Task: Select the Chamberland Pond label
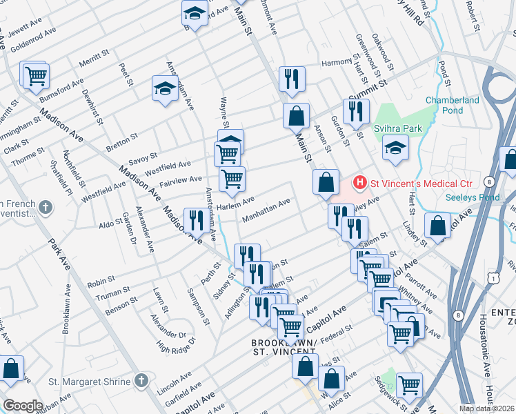[452, 105]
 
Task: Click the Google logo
[22, 406]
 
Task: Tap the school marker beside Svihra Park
[395, 148]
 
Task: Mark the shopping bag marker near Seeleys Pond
[438, 225]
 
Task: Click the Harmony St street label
[337, 63]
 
